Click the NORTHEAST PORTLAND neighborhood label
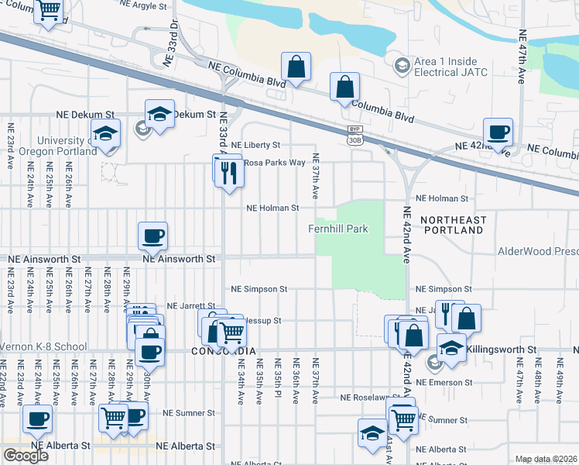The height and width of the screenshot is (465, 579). click(452, 226)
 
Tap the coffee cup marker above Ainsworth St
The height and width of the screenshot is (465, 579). click(152, 236)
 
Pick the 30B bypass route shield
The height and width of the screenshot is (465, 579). click(355, 135)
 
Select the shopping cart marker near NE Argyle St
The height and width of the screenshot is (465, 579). click(50, 10)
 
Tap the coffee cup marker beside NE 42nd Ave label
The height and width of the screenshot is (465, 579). click(498, 132)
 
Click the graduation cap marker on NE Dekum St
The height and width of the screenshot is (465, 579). click(159, 115)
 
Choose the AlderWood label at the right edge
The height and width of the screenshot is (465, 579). click(538, 251)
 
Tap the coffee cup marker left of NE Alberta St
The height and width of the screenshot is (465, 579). click(37, 419)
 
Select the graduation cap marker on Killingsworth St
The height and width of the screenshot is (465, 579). click(451, 347)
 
